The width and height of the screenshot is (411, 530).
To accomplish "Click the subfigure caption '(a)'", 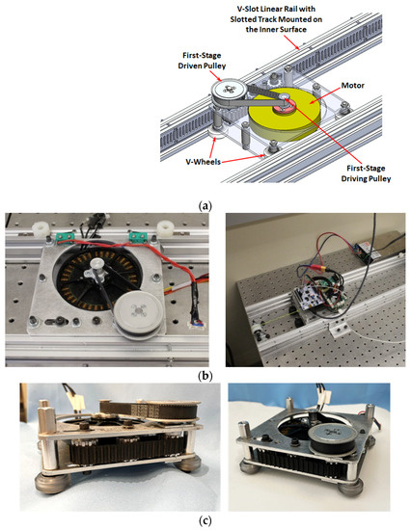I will tap(205, 204).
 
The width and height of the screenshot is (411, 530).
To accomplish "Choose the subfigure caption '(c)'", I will tap(205, 522).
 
